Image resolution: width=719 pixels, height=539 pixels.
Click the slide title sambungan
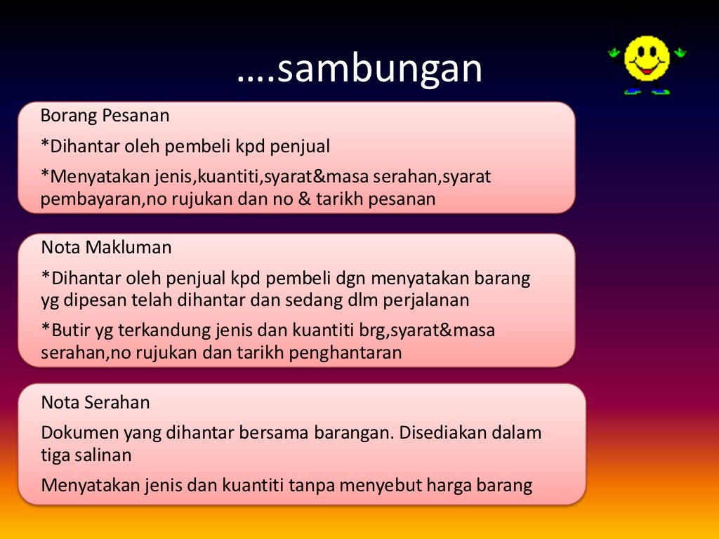[359, 69]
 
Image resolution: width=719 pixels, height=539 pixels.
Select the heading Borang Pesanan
[105, 115]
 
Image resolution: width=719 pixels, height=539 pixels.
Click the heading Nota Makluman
[106, 247]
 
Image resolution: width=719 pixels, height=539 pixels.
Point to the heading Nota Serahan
[95, 402]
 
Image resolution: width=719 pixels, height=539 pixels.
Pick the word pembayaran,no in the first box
[98, 199]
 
